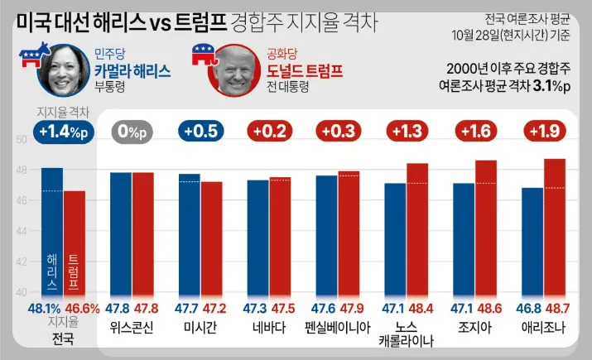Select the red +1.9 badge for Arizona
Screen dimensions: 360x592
(x=543, y=130)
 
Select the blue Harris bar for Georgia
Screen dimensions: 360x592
(x=464, y=240)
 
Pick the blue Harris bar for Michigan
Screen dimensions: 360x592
(x=190, y=236)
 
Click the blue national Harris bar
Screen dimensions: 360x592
(x=52, y=232)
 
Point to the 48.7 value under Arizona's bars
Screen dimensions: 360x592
(x=556, y=308)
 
